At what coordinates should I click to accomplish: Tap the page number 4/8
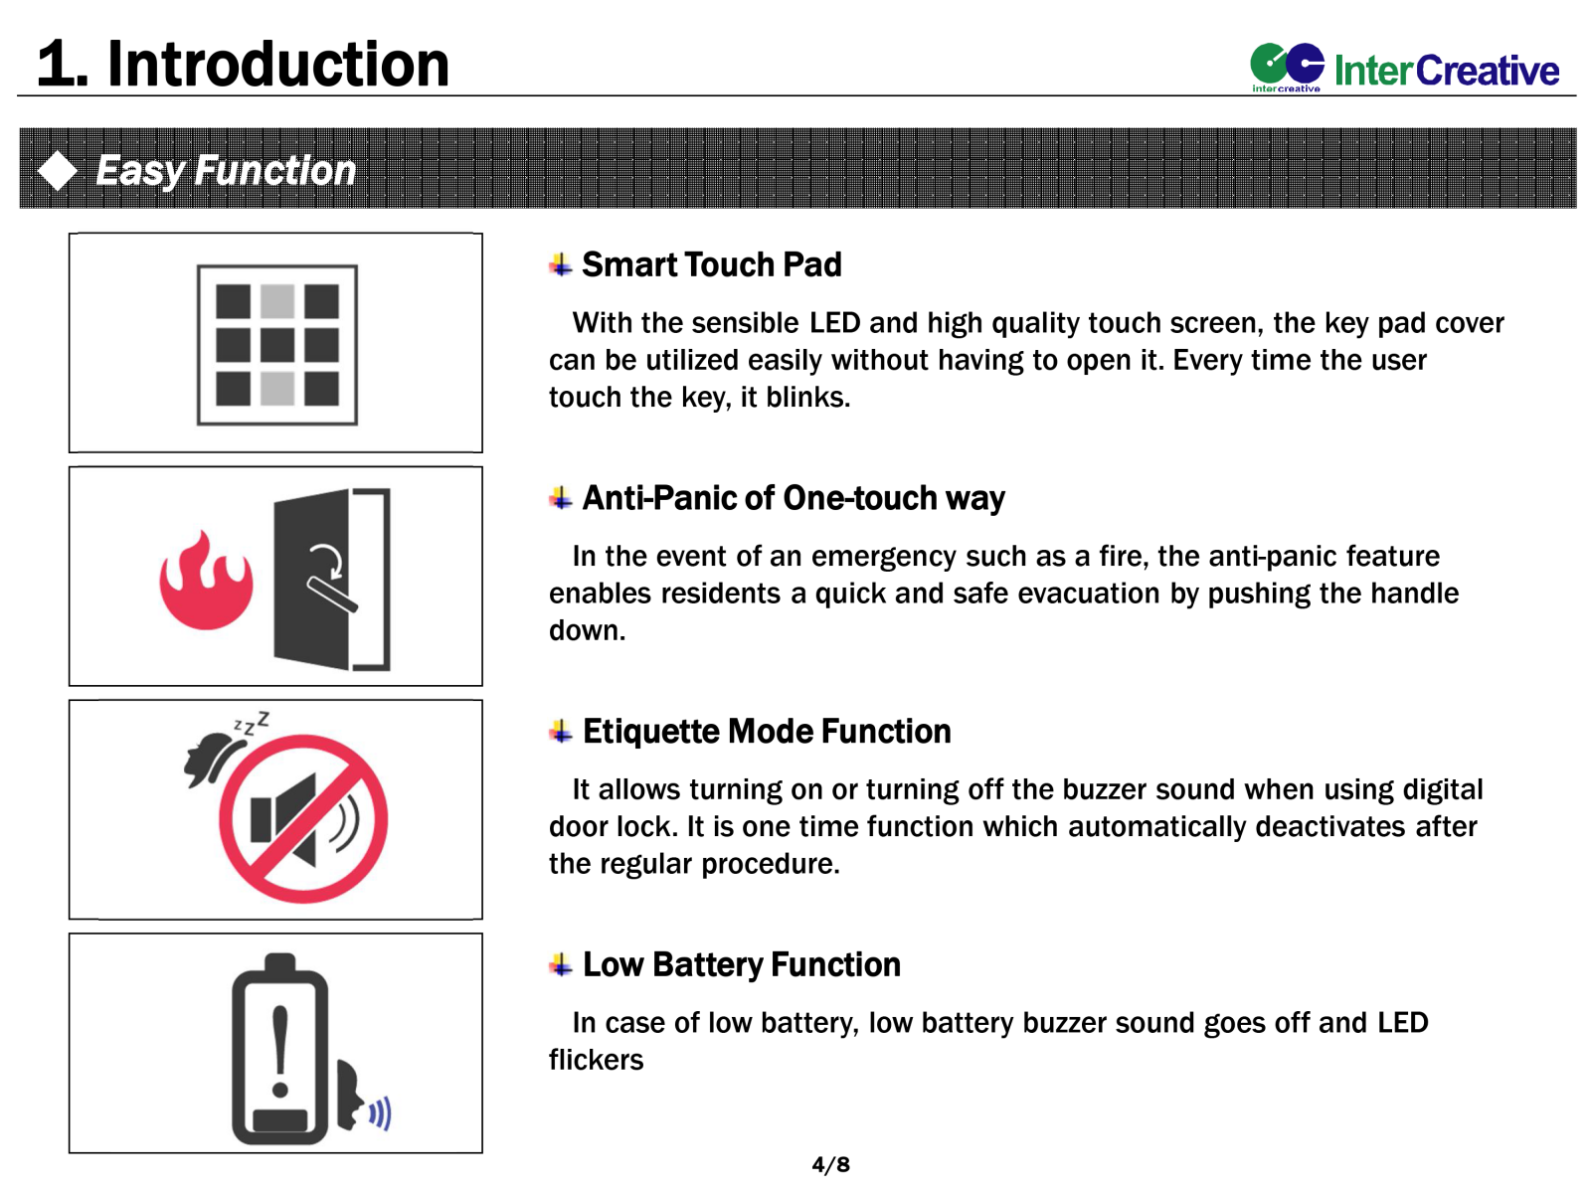(x=829, y=1163)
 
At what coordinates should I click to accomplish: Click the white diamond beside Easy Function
(x=58, y=170)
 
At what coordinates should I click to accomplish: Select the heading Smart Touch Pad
(x=710, y=263)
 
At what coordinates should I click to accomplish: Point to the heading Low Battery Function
(x=741, y=963)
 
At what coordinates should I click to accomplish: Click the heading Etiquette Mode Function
(x=766, y=730)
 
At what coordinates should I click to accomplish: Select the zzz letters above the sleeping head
(x=251, y=723)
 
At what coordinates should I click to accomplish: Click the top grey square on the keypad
(x=276, y=300)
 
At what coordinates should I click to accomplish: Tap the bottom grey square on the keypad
(x=276, y=389)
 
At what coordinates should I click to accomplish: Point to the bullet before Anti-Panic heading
(x=560, y=498)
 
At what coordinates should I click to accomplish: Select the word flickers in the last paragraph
(x=595, y=1059)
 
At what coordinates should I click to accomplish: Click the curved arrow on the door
(x=326, y=561)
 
